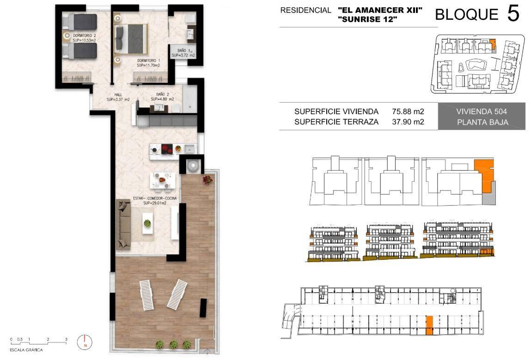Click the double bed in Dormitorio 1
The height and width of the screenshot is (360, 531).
pyautogui.click(x=131, y=39)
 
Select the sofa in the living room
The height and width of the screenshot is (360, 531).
pyautogui.click(x=123, y=224)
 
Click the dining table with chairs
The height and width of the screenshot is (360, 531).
pyautogui.click(x=163, y=181)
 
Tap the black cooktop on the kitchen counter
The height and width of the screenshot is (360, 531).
pyautogui.click(x=167, y=149)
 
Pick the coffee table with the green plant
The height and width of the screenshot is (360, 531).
pyautogui.click(x=147, y=223)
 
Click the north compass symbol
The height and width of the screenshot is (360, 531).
pyautogui.click(x=85, y=342)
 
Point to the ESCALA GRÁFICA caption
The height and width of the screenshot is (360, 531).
pyautogui.click(x=26, y=350)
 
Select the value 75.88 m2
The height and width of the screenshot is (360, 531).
pyautogui.click(x=408, y=111)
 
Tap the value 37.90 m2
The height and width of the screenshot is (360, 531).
pyautogui.click(x=408, y=122)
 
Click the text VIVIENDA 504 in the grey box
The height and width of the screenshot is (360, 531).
pyautogui.click(x=482, y=111)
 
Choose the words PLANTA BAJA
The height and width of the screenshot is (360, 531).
pyautogui.click(x=482, y=122)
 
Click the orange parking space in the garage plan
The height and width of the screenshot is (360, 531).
pyautogui.click(x=429, y=325)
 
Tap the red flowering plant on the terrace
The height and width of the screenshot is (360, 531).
pyautogui.click(x=207, y=179)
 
